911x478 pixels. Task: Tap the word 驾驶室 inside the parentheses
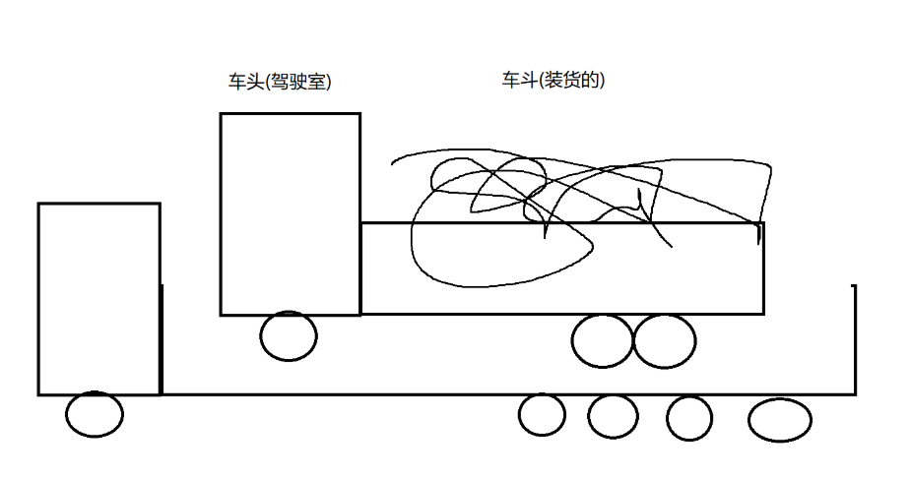point(298,83)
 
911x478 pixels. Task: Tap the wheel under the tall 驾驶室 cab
point(289,335)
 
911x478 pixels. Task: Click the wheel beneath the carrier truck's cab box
point(95,414)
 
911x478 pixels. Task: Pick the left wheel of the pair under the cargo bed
point(602,341)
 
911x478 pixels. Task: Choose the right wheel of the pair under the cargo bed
point(664,340)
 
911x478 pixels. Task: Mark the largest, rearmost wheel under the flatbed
point(780,420)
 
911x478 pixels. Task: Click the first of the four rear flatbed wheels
point(542,414)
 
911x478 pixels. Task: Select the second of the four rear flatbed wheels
point(613,416)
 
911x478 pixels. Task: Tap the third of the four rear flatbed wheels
point(688,417)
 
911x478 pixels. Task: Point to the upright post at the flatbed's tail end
point(854,339)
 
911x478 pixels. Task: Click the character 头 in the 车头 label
point(255,83)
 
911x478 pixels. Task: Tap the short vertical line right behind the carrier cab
point(162,339)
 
